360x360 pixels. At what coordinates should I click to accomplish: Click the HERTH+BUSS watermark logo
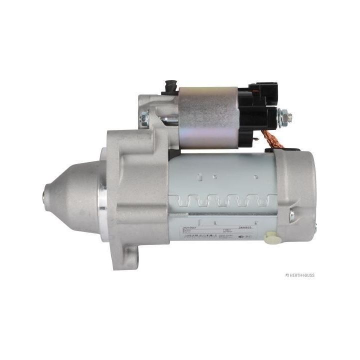click(300, 275)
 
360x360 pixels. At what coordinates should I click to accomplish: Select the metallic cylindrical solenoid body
click(207, 117)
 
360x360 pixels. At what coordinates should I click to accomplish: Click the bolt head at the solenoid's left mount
click(144, 118)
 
